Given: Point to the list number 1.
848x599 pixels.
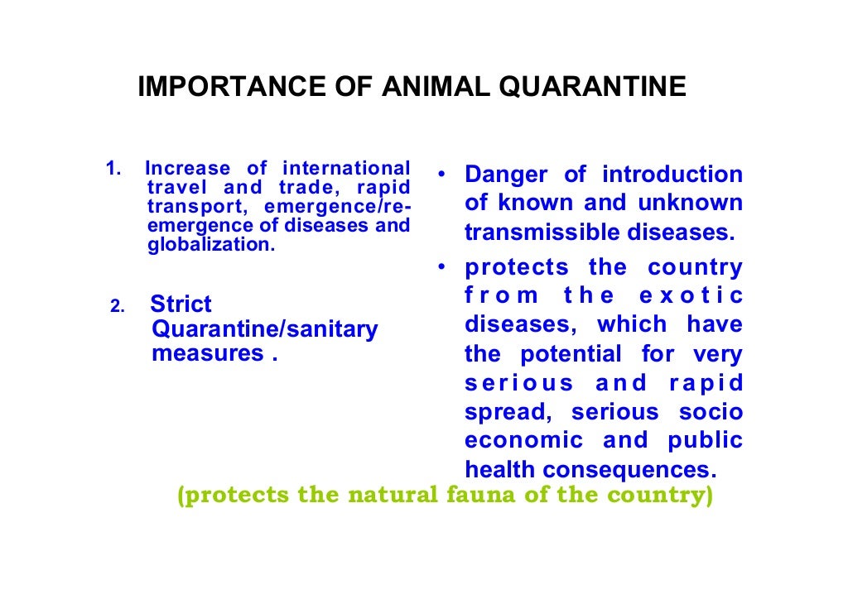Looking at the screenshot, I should tap(113, 169).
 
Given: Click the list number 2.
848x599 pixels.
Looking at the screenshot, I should tap(117, 308).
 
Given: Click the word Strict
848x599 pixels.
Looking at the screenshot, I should tap(181, 304).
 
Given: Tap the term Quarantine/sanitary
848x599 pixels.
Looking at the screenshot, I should tap(265, 329).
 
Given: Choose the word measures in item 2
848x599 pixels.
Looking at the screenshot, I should tap(208, 353).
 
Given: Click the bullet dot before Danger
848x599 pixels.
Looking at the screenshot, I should tap(444, 175).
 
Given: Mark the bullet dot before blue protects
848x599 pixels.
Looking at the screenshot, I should tap(444, 267).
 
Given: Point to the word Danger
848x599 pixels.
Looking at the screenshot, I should tap(506, 175).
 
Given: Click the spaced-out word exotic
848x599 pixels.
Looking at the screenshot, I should tap(695, 296).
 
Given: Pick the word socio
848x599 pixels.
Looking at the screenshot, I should tap(714, 412).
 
